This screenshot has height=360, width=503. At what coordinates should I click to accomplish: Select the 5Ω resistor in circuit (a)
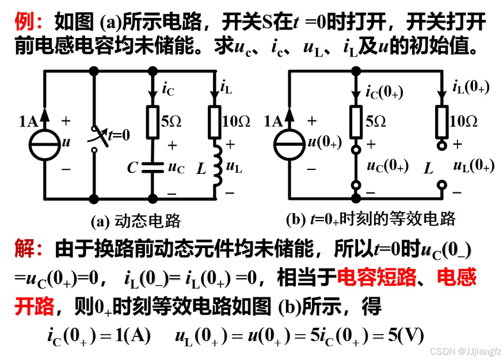pos(153,122)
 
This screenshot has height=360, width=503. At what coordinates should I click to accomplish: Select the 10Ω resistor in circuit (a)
pos(215,122)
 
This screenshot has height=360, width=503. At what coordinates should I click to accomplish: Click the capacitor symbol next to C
pos(153,168)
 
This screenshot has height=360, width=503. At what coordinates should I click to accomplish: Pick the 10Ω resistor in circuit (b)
pos(442,122)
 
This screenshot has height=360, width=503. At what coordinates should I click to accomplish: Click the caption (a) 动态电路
pos(136,221)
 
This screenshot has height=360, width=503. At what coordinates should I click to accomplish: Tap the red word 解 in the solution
pos(25,249)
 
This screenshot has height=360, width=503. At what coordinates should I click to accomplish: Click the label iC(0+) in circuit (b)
pos(386,92)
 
